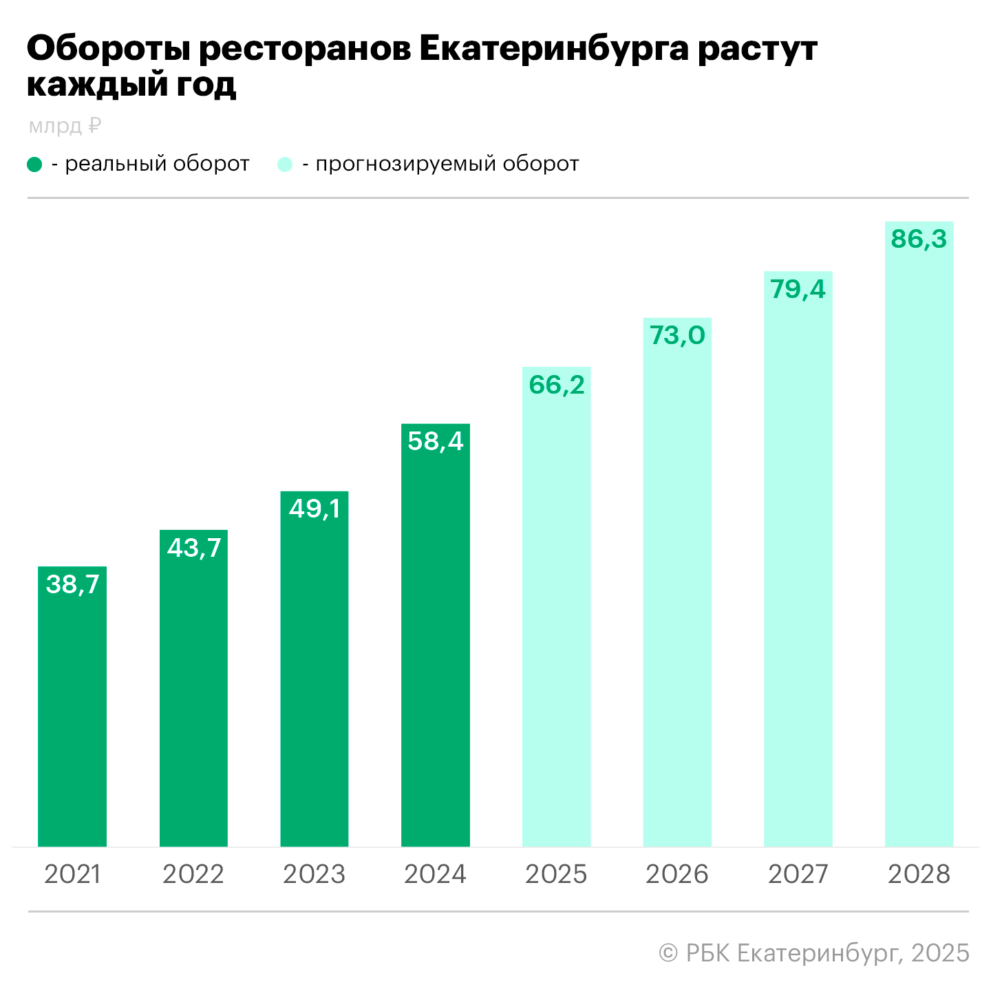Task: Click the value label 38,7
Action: [72, 584]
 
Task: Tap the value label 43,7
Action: [194, 548]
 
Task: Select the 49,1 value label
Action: [315, 509]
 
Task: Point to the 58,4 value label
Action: [436, 441]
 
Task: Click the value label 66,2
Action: [557, 385]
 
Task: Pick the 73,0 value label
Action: [677, 335]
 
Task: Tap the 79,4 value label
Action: [798, 289]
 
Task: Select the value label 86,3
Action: [919, 239]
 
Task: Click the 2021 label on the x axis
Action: [72, 874]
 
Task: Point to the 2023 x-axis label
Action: [315, 874]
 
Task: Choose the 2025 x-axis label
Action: [556, 874]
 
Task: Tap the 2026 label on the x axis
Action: [677, 874]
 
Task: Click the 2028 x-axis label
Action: [919, 874]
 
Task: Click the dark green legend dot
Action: [34, 164]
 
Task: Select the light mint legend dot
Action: [285, 164]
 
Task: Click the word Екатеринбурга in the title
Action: [553, 49]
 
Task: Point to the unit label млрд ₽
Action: [65, 126]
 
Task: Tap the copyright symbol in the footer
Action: [668, 953]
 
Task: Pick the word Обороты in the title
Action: [109, 49]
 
